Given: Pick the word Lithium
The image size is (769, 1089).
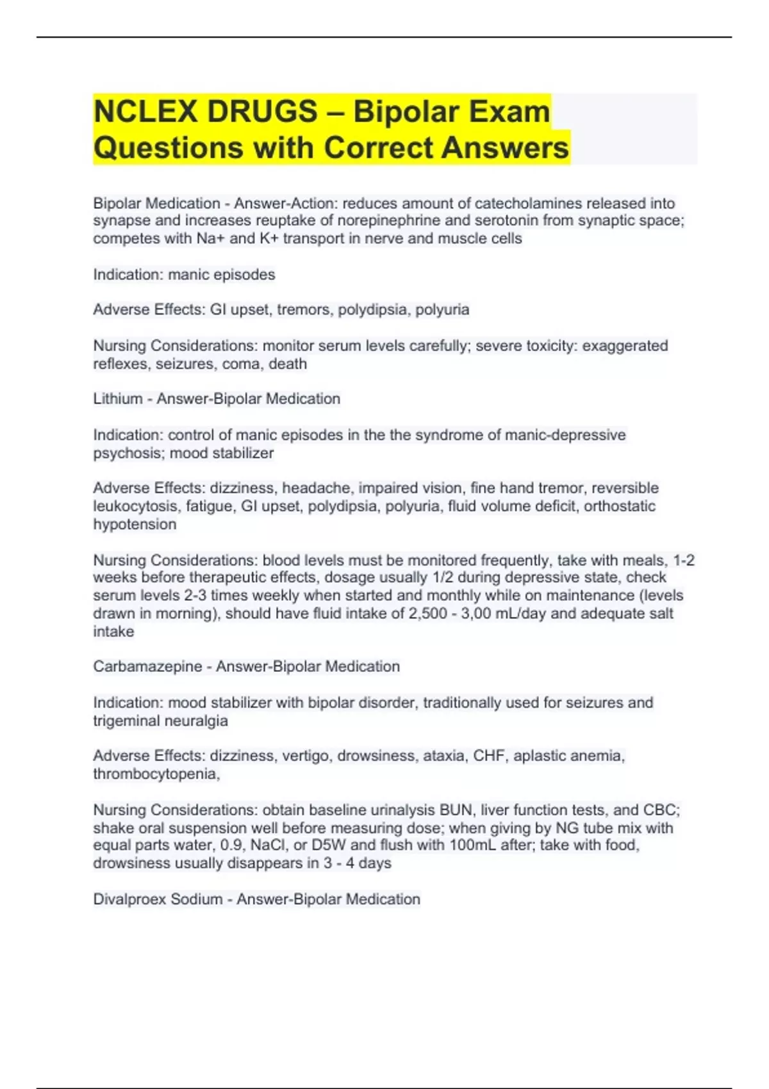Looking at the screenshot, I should click(118, 398).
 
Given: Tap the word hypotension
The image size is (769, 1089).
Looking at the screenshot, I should click(135, 524).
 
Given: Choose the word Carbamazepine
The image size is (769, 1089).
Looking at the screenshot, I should click(147, 666).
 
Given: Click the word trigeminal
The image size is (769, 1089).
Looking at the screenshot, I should click(126, 721).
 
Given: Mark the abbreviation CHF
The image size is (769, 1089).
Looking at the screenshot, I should click(489, 756).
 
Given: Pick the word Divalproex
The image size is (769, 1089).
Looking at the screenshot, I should click(126, 899).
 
